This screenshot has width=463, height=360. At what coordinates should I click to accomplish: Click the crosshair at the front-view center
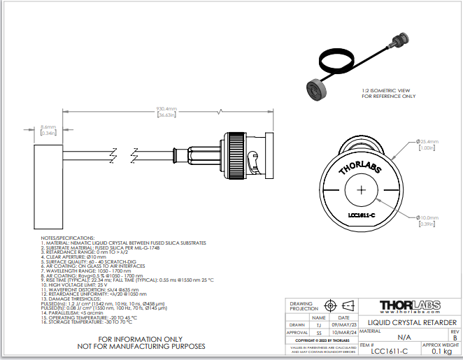361,191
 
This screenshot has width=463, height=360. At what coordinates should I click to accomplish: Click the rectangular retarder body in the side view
48,186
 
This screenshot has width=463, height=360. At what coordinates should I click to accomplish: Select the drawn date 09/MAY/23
344,324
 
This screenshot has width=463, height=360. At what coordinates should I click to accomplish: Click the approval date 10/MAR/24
344,333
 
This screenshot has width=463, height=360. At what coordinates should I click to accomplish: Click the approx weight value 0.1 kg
441,351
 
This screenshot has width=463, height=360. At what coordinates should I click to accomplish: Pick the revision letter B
455,337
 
